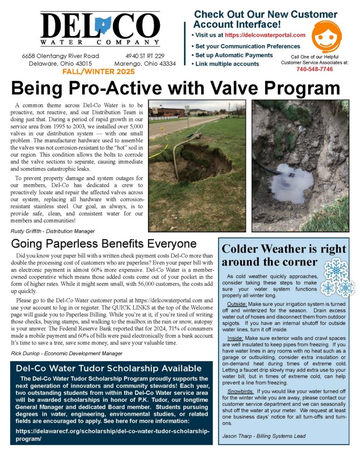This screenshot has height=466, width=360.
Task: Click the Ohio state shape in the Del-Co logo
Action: click(x=102, y=26)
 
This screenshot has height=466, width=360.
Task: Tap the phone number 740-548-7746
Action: click(x=315, y=69)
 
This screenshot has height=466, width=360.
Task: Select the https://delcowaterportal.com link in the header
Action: click(x=265, y=35)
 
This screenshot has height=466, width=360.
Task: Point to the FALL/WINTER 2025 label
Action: click(x=98, y=72)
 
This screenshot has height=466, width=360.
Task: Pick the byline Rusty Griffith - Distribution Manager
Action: click(x=52, y=231)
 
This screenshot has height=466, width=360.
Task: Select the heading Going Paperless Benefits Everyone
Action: click(x=104, y=244)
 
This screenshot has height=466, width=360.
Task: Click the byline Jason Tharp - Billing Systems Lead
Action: click(x=264, y=436)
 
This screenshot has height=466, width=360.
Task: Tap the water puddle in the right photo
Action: click(x=292, y=182)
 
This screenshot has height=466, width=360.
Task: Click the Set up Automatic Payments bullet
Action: click(x=234, y=55)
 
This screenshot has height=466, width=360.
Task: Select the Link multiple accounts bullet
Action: click(x=227, y=64)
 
